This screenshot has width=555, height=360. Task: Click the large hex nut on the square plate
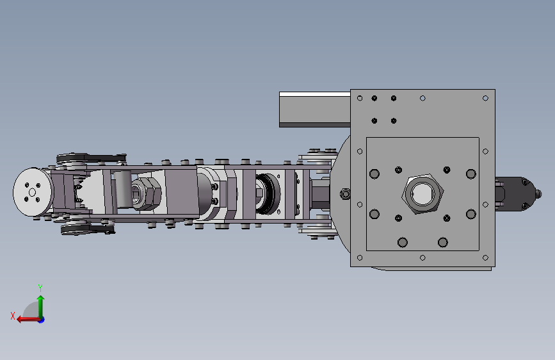[x=422, y=194]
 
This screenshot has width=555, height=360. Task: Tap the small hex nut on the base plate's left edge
[x=345, y=194]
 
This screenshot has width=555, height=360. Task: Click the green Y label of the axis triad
[x=40, y=288]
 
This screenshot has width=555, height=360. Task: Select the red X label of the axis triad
[x=13, y=316]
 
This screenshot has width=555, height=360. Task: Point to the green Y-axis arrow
[x=41, y=307]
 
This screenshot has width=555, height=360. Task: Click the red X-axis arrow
[x=28, y=320]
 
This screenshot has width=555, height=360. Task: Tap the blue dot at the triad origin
[x=42, y=320]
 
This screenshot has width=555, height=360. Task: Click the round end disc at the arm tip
[x=33, y=192]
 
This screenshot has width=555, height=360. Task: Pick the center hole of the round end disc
[x=32, y=192]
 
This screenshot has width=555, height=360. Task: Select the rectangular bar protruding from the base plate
[x=315, y=109]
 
